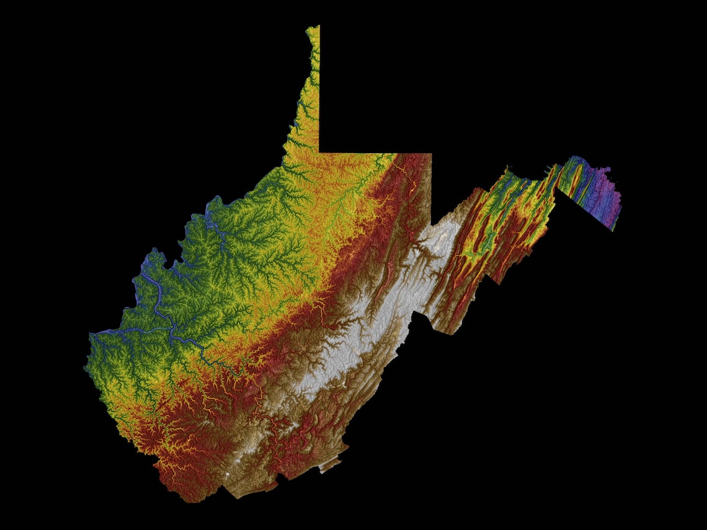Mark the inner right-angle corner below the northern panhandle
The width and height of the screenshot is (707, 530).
click(x=319, y=152)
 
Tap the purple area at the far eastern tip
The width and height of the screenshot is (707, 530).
click(x=610, y=198)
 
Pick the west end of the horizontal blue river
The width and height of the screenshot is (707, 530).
click(x=93, y=335)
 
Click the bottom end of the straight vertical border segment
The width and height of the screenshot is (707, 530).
click(x=431, y=227)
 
